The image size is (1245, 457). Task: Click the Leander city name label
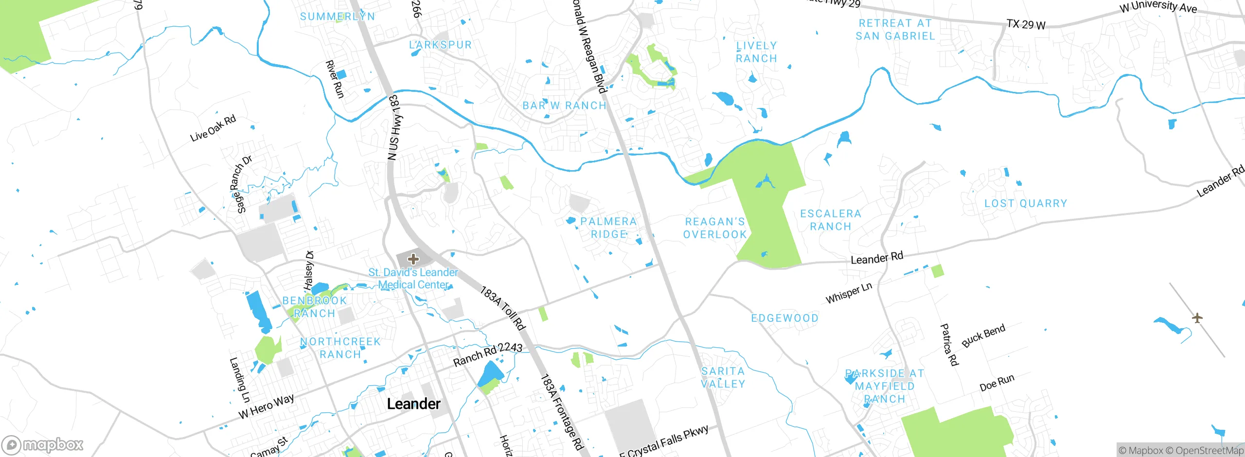[x=413, y=404]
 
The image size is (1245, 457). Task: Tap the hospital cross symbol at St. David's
[x=413, y=259]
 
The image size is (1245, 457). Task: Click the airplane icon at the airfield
[x=1197, y=318]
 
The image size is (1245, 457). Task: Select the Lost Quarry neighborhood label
[x=1026, y=203]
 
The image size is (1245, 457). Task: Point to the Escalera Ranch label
[x=831, y=220]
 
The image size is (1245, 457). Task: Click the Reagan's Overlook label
[x=715, y=228]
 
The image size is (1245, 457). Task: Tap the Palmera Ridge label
[x=608, y=228]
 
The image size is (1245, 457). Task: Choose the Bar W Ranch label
[x=564, y=105]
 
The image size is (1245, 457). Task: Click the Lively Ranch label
[x=756, y=52]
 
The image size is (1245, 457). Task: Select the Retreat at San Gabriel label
[x=895, y=30]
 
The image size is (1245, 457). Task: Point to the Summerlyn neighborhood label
[x=338, y=17]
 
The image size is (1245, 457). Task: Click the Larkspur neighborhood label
[x=440, y=45]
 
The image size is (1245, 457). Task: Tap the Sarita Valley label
[x=723, y=377]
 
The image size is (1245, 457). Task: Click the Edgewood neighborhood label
[x=785, y=318]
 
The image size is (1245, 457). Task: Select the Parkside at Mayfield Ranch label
[x=885, y=386]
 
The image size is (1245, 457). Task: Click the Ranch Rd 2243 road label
[x=488, y=354]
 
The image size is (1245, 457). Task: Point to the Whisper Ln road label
[x=849, y=293]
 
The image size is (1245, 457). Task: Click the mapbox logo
[x=43, y=445]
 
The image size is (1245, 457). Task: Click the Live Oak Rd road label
[x=213, y=128]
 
